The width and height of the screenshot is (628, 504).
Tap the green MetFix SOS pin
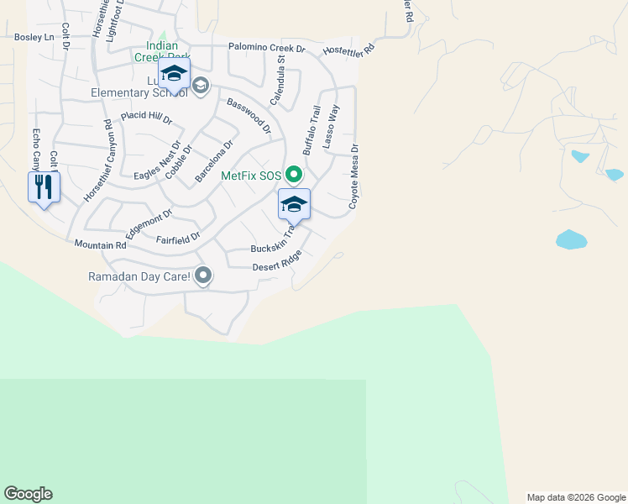point(293,176)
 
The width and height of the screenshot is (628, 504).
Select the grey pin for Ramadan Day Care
point(202,276)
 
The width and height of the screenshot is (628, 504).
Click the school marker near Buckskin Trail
point(294,206)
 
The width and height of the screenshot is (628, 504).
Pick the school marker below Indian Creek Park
point(174,74)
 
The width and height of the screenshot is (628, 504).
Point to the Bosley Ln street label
point(34,37)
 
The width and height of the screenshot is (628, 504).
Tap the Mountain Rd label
point(100,245)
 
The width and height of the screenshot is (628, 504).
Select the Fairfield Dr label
point(178,239)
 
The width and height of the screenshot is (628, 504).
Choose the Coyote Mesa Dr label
point(354,176)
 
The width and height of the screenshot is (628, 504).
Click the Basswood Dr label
point(249,116)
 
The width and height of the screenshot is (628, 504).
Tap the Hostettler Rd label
point(346,50)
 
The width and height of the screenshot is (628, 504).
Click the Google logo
point(28,494)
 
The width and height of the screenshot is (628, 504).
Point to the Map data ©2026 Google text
point(576,497)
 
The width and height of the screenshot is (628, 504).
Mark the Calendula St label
point(277,82)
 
